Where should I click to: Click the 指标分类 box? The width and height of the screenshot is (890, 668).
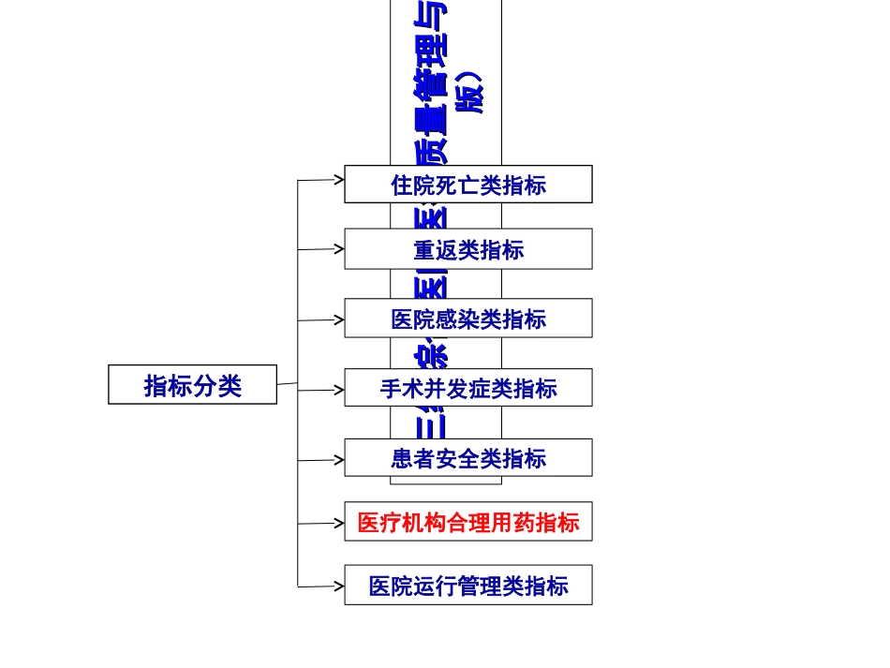tap(192, 385)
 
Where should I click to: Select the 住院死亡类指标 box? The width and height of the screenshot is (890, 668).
tap(467, 185)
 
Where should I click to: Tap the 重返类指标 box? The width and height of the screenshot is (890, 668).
tap(467, 249)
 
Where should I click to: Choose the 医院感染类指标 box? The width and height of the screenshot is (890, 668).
tap(467, 319)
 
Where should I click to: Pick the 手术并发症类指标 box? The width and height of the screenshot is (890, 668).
tap(467, 388)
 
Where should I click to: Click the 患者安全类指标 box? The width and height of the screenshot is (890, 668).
tap(467, 458)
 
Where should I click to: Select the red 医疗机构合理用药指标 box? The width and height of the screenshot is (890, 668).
tap(467, 522)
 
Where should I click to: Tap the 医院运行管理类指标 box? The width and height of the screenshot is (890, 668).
tap(467, 586)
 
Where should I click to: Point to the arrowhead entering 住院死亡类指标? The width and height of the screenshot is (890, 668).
tap(339, 178)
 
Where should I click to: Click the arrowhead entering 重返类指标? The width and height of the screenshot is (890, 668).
tap(339, 249)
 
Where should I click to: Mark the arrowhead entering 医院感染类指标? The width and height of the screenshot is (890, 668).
tap(339, 319)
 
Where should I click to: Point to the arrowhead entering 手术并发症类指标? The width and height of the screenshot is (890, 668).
tap(339, 389)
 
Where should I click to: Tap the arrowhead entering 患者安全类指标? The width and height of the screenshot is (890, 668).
tap(339, 459)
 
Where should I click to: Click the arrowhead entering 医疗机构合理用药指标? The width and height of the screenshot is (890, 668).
tap(339, 523)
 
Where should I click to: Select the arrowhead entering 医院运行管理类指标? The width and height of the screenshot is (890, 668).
tap(339, 586)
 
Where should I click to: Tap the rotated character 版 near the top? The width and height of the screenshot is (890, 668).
tap(471, 96)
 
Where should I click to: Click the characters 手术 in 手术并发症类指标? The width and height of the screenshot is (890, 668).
tap(402, 388)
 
